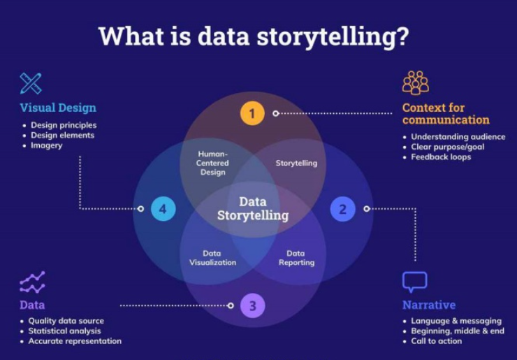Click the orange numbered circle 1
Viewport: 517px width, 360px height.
coord(252,113)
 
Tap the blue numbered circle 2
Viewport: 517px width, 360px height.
coord(342,208)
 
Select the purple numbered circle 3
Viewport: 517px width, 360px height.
coord(253,305)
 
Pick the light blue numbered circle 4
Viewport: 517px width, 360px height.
coord(163,208)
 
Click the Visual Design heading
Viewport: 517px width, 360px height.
coord(58,108)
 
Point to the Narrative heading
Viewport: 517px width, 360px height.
coord(428,305)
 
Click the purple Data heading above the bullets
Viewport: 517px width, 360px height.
coord(32,305)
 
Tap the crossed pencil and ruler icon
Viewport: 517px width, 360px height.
coord(31,83)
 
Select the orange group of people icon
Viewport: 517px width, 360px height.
coord(416,82)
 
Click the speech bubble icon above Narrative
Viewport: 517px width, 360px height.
coord(414,282)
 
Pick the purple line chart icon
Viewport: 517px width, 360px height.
coord(32,282)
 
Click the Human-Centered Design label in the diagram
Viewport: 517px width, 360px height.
coord(213,163)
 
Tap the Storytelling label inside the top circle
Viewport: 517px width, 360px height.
coord(296,163)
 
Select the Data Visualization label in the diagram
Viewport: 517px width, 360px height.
coord(212,258)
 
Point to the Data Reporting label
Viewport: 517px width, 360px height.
coord(296,258)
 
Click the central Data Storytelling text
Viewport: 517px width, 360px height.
coord(253,208)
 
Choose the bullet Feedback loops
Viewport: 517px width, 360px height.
coord(441,157)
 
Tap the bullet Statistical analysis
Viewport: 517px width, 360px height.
coord(64,331)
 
